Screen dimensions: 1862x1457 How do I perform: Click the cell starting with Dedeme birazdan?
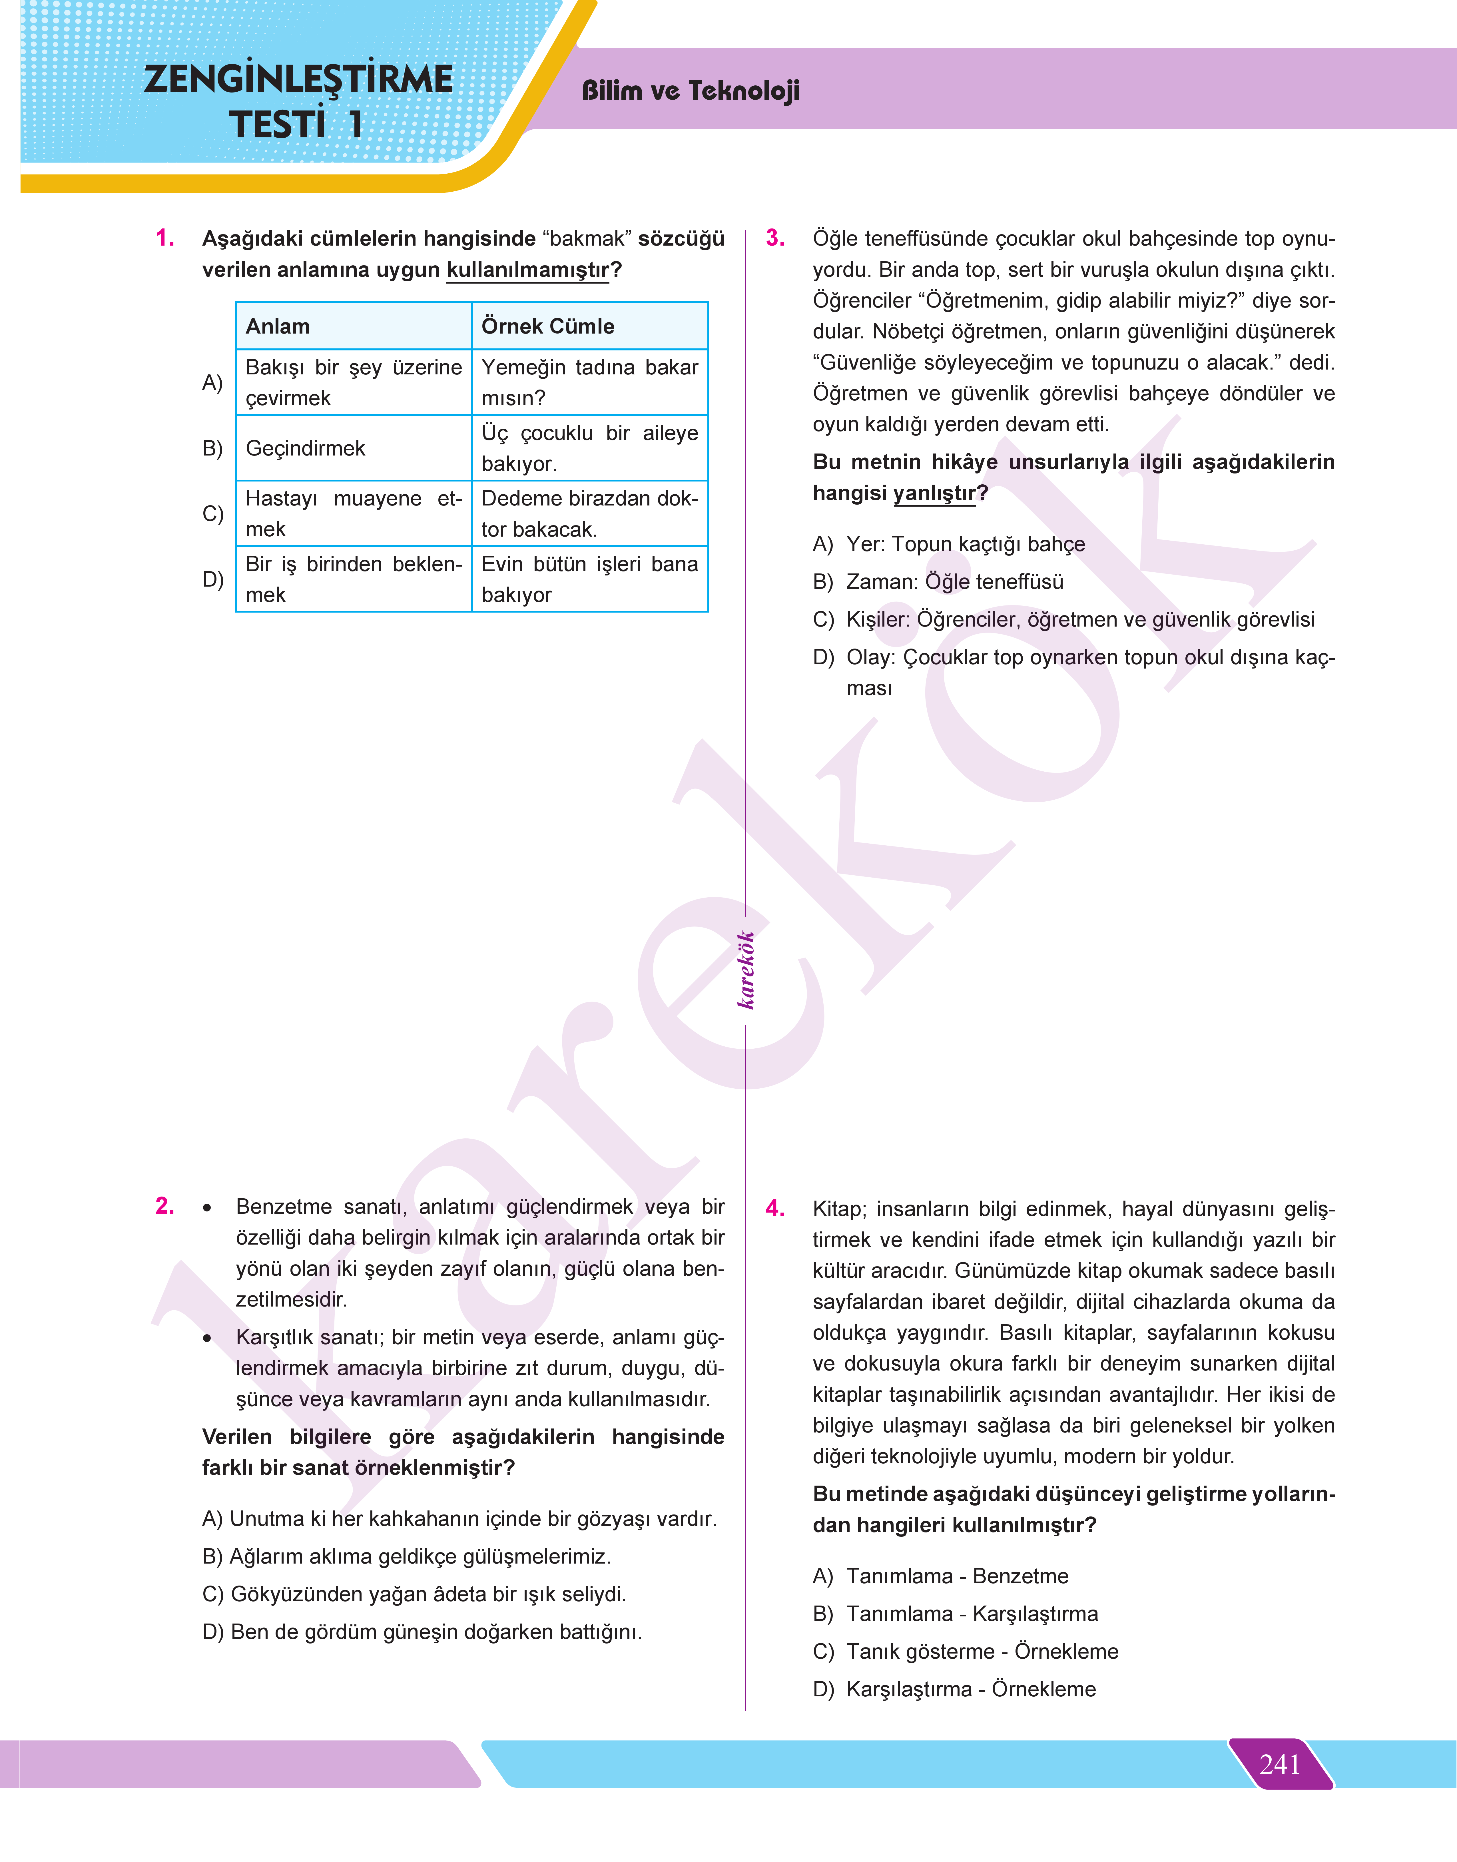point(589,513)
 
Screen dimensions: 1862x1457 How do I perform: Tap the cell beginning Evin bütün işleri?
point(589,579)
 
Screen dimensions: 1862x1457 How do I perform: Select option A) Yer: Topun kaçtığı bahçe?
point(949,544)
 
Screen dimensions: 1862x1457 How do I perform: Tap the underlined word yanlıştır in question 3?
point(934,493)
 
